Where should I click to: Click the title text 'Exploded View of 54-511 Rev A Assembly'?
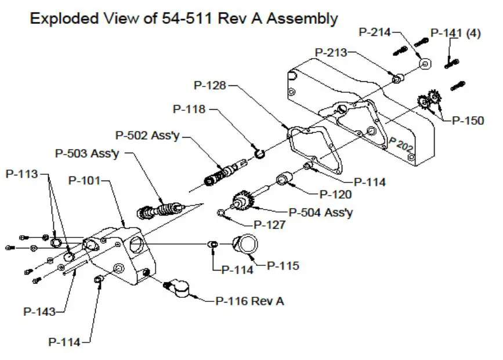click(183, 18)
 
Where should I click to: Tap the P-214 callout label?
click(375, 33)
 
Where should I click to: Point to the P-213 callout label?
click(331, 53)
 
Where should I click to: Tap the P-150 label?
click(468, 121)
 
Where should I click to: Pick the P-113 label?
click(21, 174)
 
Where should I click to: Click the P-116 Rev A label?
click(249, 301)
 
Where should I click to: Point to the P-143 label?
click(39, 312)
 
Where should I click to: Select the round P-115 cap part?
click(244, 244)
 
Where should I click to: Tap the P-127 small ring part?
click(222, 213)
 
